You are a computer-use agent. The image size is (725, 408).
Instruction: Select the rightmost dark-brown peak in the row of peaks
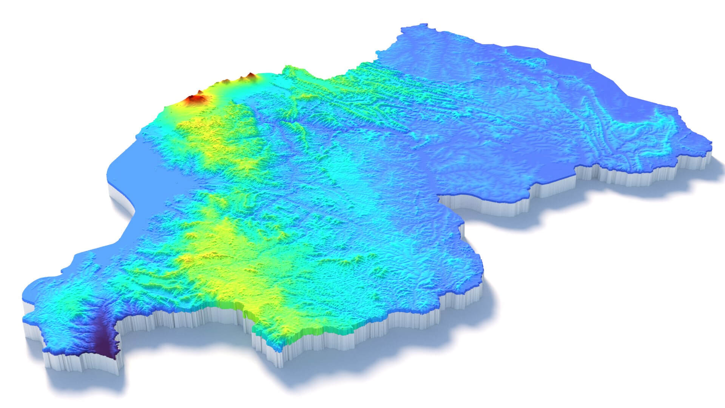pyautogui.click(x=250, y=75)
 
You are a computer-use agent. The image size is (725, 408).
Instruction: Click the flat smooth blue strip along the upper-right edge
pyautogui.click(x=566, y=57)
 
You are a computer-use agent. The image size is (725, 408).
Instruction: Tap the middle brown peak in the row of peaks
pyautogui.click(x=227, y=81)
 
